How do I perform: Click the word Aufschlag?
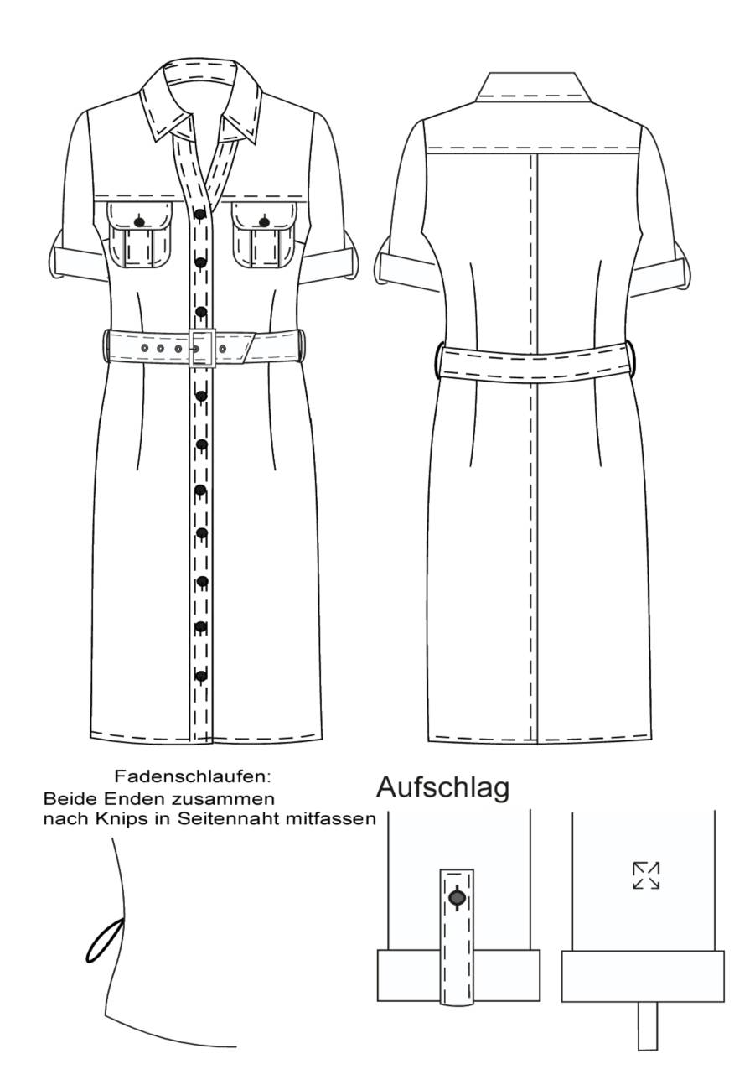[442, 786]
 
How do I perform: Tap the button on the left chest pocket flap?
[139, 222]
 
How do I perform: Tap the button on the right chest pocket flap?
[264, 222]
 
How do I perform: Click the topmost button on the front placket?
[200, 214]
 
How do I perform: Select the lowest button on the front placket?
[200, 676]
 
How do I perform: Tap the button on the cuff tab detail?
[457, 897]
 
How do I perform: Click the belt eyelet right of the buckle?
[223, 349]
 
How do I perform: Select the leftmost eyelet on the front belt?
[144, 348]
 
